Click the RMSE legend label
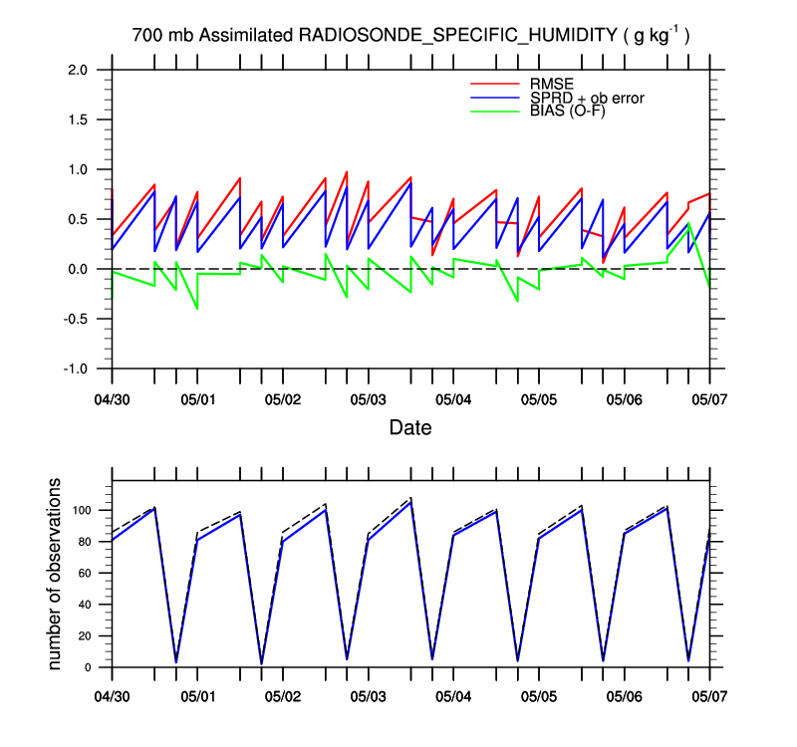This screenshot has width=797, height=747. coord(553,82)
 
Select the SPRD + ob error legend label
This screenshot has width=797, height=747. coord(587,97)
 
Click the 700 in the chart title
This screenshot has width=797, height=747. coord(145,36)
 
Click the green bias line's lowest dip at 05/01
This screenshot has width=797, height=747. coord(197,309)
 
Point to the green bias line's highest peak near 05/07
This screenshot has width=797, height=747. coord(688,223)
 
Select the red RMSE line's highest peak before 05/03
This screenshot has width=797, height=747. coord(347,171)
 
